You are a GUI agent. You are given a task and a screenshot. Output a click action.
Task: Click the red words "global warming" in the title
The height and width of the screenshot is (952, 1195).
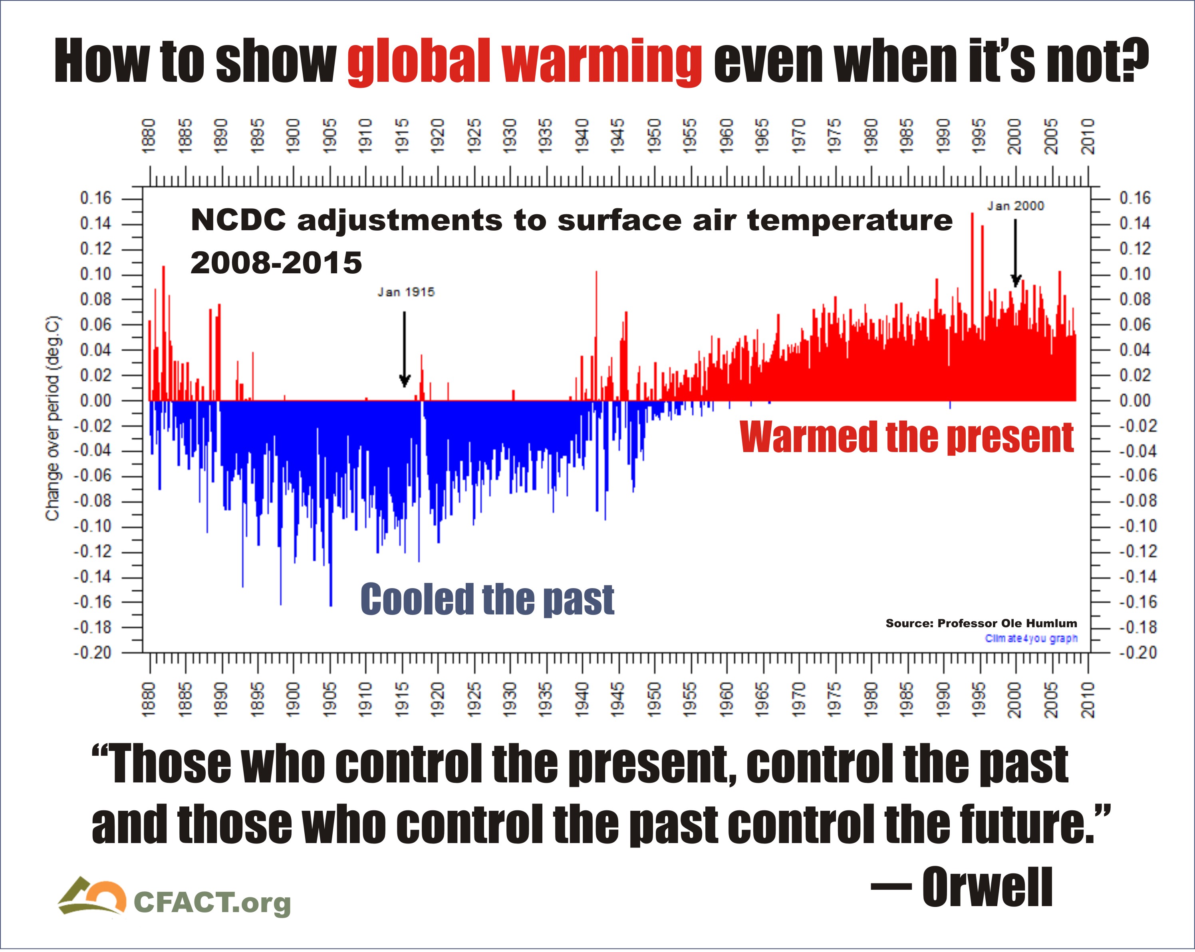click(x=524, y=62)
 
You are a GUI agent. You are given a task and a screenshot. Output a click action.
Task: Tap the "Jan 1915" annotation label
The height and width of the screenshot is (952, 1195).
click(x=406, y=292)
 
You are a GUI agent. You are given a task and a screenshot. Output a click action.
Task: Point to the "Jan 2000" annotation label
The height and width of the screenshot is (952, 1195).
click(x=1015, y=206)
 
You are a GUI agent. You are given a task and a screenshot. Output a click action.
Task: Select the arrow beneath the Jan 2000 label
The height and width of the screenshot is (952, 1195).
click(x=1015, y=253)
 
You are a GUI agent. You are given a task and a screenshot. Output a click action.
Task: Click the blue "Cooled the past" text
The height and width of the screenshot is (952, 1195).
click(x=487, y=599)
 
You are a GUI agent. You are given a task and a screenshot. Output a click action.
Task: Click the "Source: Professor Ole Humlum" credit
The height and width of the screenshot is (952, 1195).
click(x=981, y=623)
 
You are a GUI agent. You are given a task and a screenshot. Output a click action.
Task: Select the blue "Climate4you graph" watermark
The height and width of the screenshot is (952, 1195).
click(x=1031, y=638)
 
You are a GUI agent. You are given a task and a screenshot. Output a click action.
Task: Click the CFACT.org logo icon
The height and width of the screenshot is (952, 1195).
click(x=92, y=897)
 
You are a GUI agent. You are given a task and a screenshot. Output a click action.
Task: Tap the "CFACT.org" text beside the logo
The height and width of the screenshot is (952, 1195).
click(x=212, y=903)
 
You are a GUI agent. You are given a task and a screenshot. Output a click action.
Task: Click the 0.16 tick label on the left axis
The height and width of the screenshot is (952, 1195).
click(x=96, y=198)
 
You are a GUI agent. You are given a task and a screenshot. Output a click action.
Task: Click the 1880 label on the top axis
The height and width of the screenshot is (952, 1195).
click(x=149, y=136)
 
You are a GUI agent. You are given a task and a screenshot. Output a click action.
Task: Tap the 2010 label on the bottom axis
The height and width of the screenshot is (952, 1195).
click(x=1088, y=700)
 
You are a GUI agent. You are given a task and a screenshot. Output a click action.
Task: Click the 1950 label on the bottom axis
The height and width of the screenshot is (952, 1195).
click(x=655, y=700)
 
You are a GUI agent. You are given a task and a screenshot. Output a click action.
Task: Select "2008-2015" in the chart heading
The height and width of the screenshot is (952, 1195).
click(x=276, y=263)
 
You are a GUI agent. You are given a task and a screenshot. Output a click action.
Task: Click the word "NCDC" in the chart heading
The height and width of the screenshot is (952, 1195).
click(x=238, y=220)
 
